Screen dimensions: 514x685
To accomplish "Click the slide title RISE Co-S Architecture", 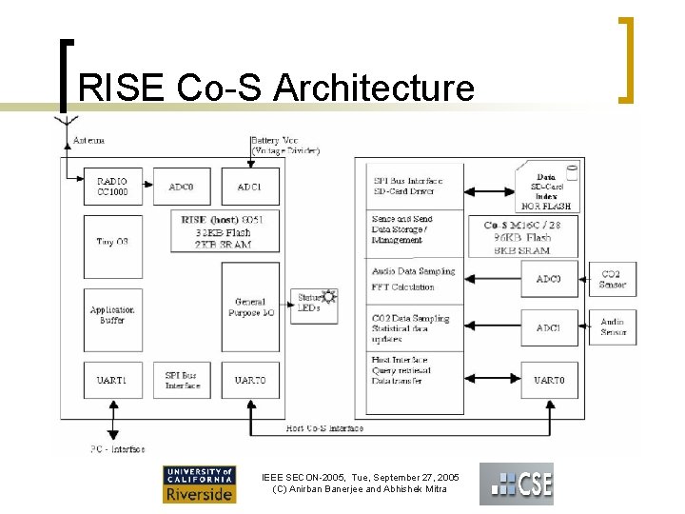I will (276, 88).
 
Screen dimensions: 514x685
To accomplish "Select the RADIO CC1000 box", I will (112, 187).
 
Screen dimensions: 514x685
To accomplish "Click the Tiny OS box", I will (112, 242).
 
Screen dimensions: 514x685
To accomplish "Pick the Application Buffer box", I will (112, 315).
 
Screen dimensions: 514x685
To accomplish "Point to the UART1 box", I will (112, 380).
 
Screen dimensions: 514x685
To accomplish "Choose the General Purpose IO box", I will (250, 307).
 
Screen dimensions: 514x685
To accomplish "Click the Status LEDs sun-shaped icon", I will (329, 297).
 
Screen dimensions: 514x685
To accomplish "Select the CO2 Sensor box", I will (613, 279).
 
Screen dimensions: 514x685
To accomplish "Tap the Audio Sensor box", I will (613, 327).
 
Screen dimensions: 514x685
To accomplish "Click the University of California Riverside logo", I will (199, 484).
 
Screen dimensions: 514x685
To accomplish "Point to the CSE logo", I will (516, 484).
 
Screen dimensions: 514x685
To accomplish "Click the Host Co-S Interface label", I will (325, 428).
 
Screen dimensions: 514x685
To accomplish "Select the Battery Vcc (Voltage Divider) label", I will (285, 145).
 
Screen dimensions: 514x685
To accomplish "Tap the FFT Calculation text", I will (403, 287).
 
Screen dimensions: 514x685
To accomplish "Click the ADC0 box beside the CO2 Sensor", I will (549, 279).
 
